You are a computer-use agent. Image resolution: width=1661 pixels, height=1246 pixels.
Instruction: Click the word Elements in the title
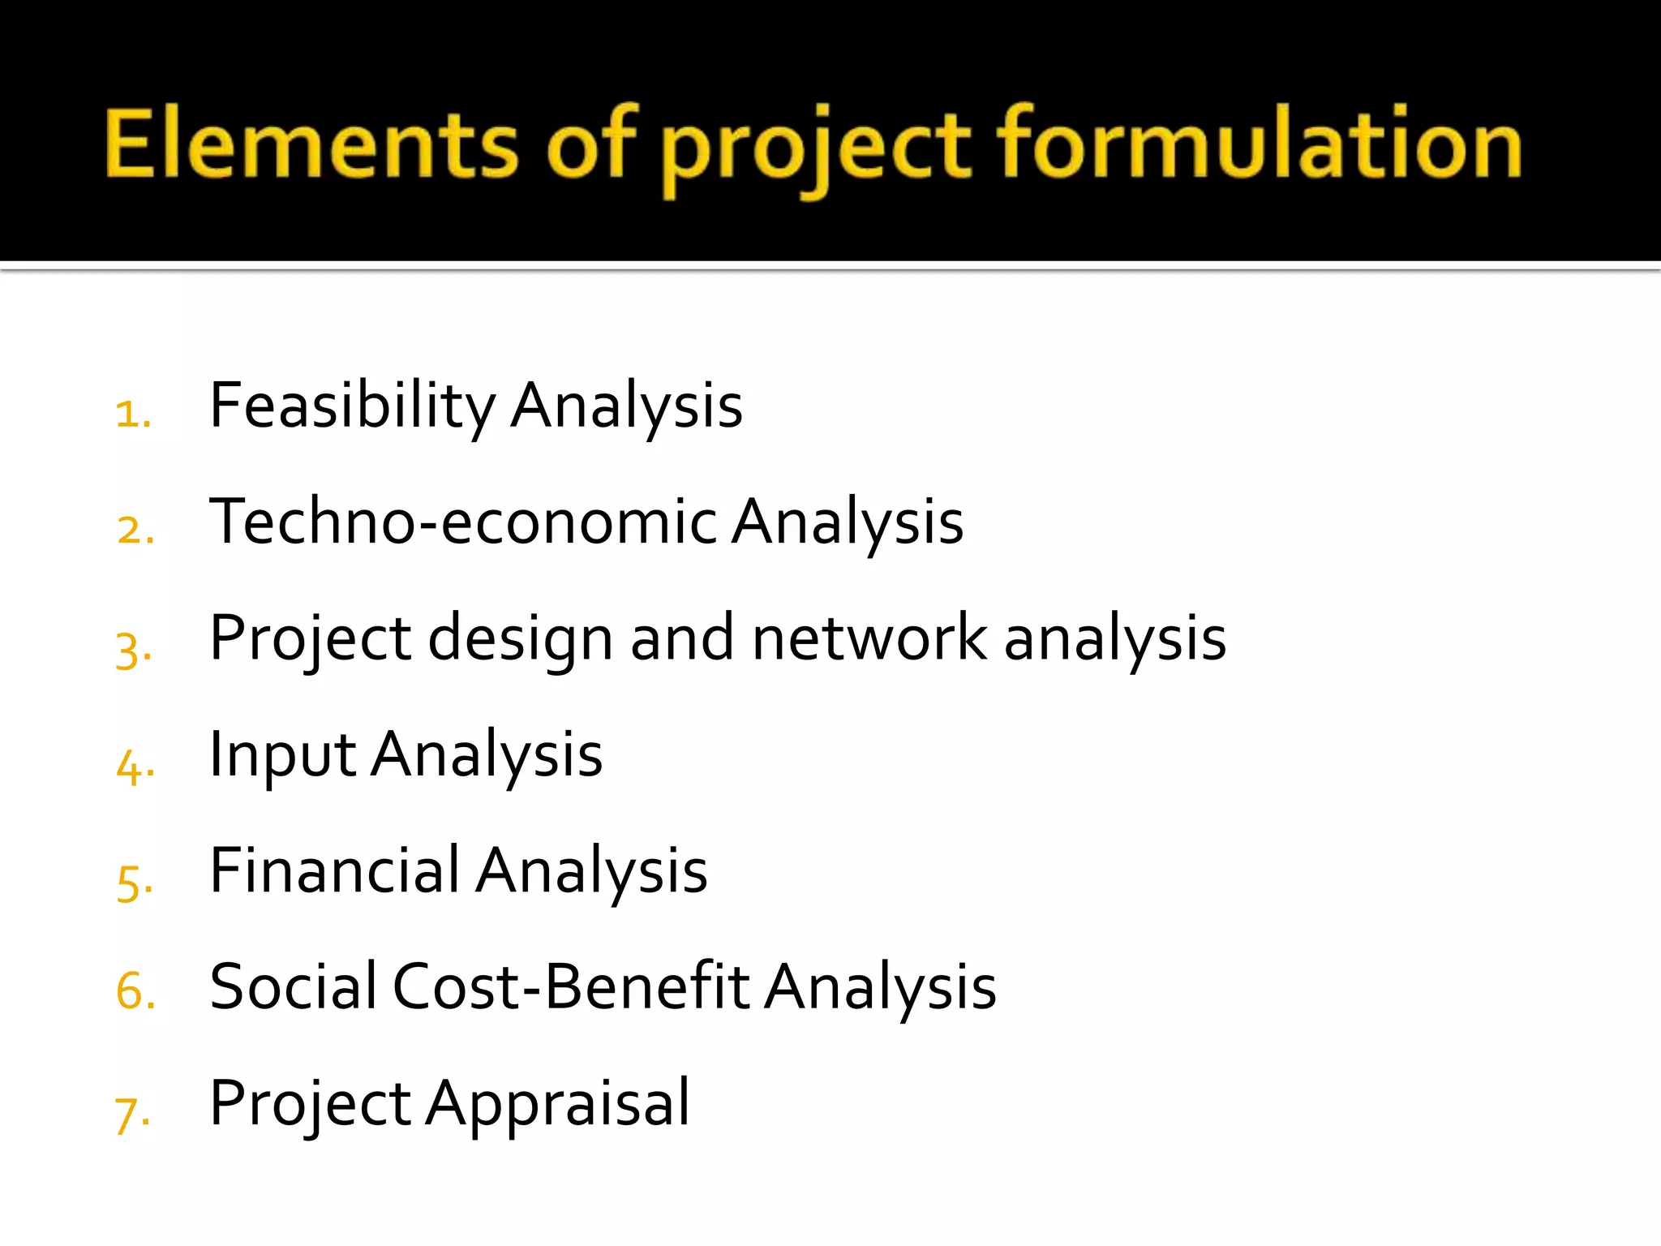pyautogui.click(x=312, y=144)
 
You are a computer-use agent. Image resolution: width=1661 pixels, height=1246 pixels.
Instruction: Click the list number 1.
pyautogui.click(x=132, y=414)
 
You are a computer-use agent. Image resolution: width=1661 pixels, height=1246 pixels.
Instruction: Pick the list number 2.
pyautogui.click(x=135, y=531)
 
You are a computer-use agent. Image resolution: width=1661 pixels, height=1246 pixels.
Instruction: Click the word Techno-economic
pyautogui.click(x=463, y=522)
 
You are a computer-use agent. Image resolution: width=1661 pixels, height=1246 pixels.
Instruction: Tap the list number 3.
pyautogui.click(x=133, y=649)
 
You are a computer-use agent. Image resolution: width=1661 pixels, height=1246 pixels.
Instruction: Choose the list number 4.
pyautogui.click(x=135, y=766)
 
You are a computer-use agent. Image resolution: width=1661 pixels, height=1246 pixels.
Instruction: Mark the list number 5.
pyautogui.click(x=134, y=882)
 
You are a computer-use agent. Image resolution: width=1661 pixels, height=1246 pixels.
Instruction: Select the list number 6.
pyautogui.click(x=135, y=991)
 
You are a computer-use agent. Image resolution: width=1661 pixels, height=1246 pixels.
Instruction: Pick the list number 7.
pyautogui.click(x=132, y=1113)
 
